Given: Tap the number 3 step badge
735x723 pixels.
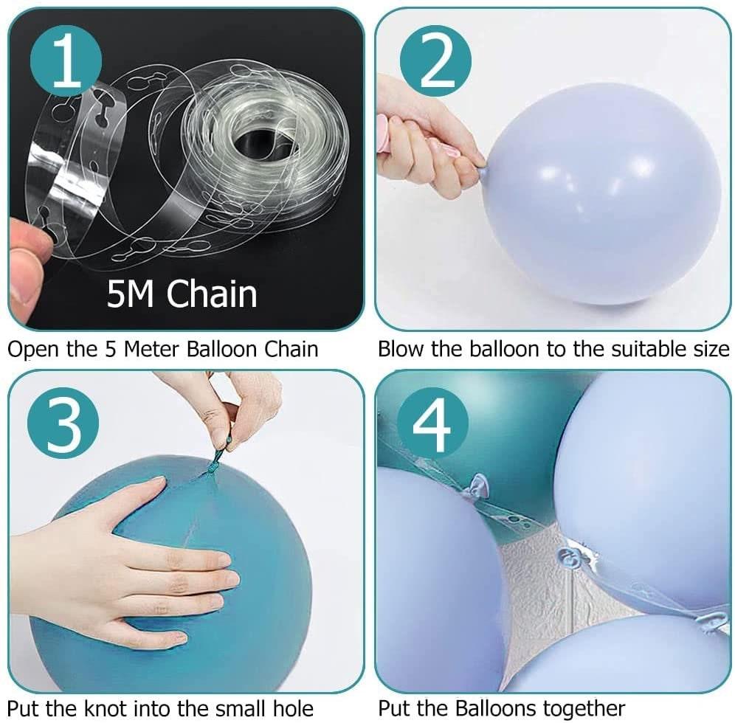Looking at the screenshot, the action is [x=63, y=424].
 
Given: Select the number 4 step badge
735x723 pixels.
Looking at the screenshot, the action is [x=432, y=423].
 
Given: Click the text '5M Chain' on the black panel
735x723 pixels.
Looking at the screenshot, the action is [x=182, y=294].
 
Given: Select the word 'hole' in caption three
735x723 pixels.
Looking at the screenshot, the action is [x=293, y=708].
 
